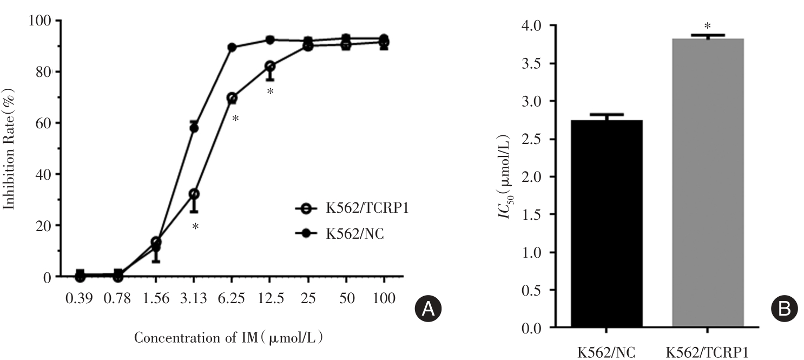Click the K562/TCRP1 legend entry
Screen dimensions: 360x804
pos(350,208)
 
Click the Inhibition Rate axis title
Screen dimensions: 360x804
pos(10,148)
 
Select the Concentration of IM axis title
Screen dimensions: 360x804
pos(229,338)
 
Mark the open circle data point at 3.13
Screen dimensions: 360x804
pos(194,194)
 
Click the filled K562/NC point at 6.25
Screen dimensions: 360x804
pos(232,48)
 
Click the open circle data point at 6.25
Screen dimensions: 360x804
pos(232,98)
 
